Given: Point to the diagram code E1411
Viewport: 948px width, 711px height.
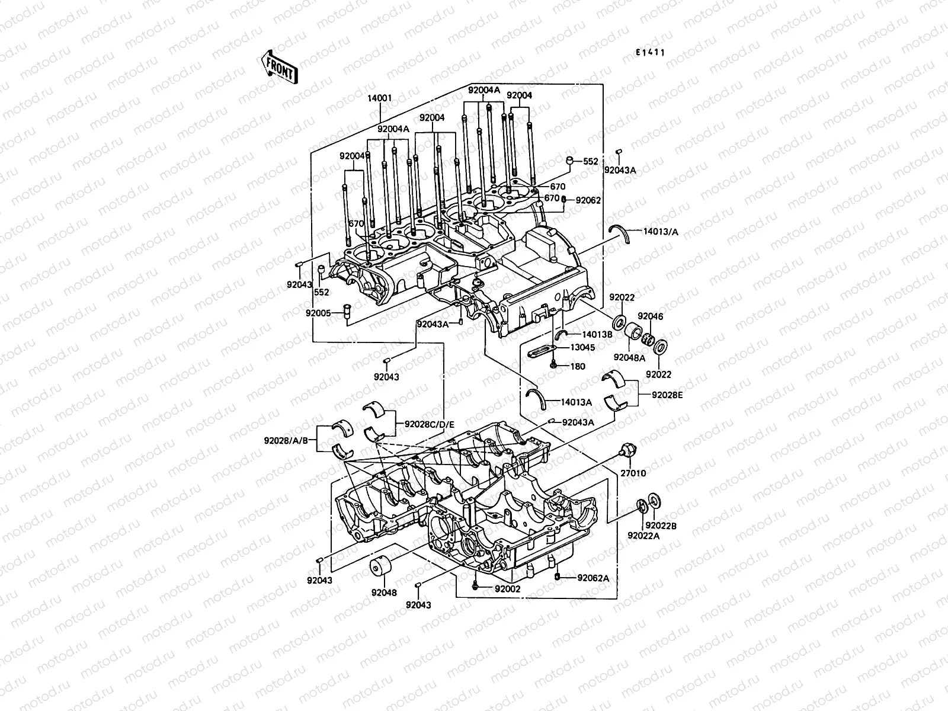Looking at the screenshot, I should click(x=650, y=52).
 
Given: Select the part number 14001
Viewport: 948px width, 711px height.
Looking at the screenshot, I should click(x=380, y=98).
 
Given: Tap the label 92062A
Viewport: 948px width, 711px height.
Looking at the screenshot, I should click(x=593, y=578).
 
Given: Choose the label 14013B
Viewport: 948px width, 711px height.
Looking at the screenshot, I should click(x=597, y=334).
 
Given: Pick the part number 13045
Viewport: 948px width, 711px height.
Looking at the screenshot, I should click(x=582, y=347).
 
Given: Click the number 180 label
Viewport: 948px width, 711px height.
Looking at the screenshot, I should click(x=578, y=366).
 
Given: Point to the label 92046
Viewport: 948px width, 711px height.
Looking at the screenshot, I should click(x=651, y=316).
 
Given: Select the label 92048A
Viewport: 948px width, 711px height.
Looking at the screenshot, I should click(x=629, y=357).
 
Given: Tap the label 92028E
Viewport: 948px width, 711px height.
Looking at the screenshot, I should click(x=668, y=395).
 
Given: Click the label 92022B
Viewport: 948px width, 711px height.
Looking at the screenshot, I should click(x=661, y=525).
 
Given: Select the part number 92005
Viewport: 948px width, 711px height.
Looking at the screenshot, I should click(x=319, y=313).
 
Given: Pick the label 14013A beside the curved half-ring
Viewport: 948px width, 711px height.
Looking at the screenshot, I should click(x=577, y=402).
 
